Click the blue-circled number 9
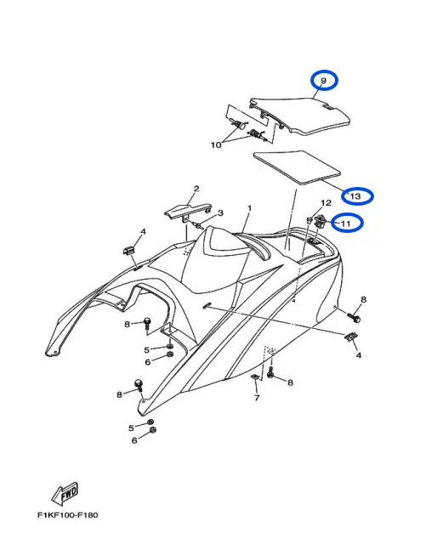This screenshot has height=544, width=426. (323, 81)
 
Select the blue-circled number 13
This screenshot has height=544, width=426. (356, 196)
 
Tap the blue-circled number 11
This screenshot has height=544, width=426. (347, 224)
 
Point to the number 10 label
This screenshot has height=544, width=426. (216, 145)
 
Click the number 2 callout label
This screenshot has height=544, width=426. (196, 189)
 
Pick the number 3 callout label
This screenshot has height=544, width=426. (220, 212)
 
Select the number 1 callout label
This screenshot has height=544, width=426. (250, 207)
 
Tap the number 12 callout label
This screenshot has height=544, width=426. (325, 204)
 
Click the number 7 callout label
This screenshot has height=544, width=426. (255, 397)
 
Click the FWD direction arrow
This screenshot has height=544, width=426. (65, 494)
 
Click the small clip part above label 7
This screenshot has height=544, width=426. (255, 376)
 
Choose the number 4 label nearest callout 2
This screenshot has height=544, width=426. (143, 231)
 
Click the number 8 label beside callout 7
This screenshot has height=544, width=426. (290, 383)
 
